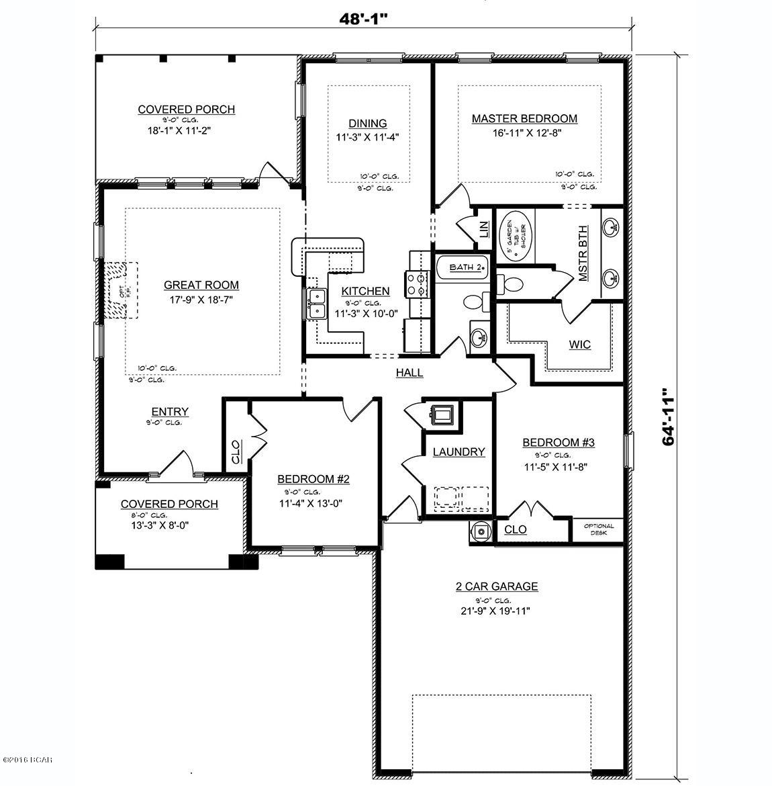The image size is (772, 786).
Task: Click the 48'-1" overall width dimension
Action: [x=363, y=19]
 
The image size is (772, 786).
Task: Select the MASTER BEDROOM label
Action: [x=524, y=119]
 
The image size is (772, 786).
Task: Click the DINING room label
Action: [x=367, y=124]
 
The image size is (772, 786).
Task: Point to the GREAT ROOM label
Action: [x=201, y=285]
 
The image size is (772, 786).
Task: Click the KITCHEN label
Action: [x=365, y=291]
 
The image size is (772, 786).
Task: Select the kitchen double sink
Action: [x=316, y=304]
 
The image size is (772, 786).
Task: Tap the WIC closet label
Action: [x=580, y=345]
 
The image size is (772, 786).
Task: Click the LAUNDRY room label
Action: [x=459, y=452]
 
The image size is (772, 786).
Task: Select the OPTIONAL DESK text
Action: [x=599, y=529]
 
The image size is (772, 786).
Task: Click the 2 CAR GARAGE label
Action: [x=497, y=586]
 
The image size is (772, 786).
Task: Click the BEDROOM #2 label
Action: [x=313, y=479]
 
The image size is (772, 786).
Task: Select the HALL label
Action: [x=409, y=372]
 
